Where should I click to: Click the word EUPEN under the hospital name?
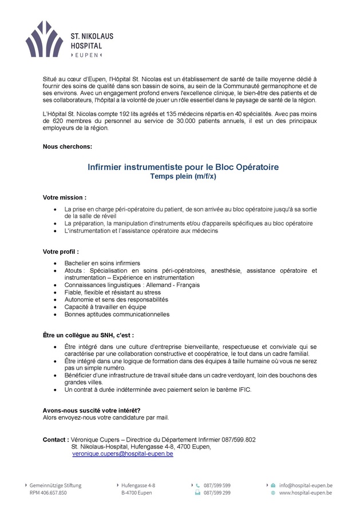(x=86, y=55)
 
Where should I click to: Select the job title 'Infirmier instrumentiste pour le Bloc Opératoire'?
(x=183, y=167)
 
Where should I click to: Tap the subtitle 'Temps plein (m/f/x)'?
(x=183, y=177)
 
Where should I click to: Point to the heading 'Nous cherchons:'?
(x=68, y=146)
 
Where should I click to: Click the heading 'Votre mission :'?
(x=65, y=197)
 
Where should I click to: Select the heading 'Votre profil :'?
(x=61, y=252)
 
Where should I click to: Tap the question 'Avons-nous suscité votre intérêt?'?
(x=92, y=410)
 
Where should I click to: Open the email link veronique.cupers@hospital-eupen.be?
(x=122, y=454)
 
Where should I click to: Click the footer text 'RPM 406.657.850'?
(x=48, y=492)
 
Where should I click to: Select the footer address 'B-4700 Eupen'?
(x=137, y=492)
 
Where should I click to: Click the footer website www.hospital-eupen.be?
(x=306, y=492)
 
